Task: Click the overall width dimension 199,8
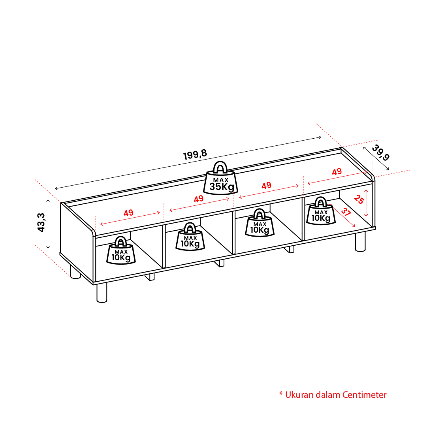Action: click(x=195, y=154)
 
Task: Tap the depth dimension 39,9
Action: click(x=381, y=152)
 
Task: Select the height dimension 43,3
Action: click(x=41, y=222)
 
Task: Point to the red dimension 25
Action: click(x=359, y=199)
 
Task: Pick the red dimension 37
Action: click(x=346, y=212)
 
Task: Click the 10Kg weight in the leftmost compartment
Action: click(x=121, y=250)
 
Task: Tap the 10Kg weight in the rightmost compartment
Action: click(x=321, y=211)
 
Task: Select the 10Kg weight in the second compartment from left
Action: click(x=190, y=236)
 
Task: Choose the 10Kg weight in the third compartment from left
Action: click(x=260, y=223)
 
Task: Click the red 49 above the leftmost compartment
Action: click(x=128, y=213)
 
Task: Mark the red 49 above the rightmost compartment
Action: click(x=337, y=171)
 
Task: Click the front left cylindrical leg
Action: click(x=102, y=292)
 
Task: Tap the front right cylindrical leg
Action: click(x=360, y=242)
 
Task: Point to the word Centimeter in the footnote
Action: click(x=364, y=395)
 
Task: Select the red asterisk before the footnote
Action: click(x=281, y=393)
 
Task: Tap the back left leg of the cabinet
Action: click(x=75, y=272)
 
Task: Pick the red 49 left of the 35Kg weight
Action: click(x=199, y=199)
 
